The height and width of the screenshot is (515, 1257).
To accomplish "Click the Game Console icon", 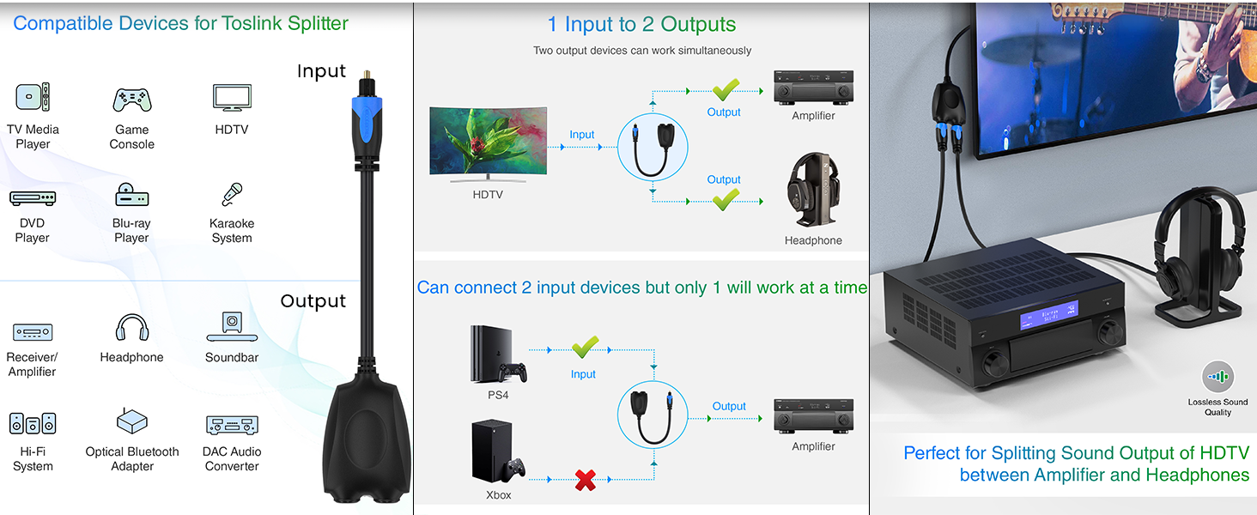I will coord(132,100).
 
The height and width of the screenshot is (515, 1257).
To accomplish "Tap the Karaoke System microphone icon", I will coord(231,195).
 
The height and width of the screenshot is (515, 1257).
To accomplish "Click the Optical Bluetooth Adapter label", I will coord(132,459).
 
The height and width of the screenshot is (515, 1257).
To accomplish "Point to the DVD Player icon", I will coord(33,198).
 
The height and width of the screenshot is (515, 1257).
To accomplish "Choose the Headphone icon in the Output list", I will coord(131,327).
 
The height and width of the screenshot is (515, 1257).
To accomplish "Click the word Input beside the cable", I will coord(321,71).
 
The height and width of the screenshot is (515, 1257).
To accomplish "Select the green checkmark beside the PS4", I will coord(585,347).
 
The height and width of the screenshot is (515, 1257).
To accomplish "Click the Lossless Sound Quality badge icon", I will coord(1218,377).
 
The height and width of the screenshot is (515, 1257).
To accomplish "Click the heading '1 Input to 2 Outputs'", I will coord(641,24).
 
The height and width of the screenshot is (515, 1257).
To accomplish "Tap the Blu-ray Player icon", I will coord(131,196).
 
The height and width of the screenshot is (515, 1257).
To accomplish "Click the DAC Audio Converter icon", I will coord(232,424).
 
